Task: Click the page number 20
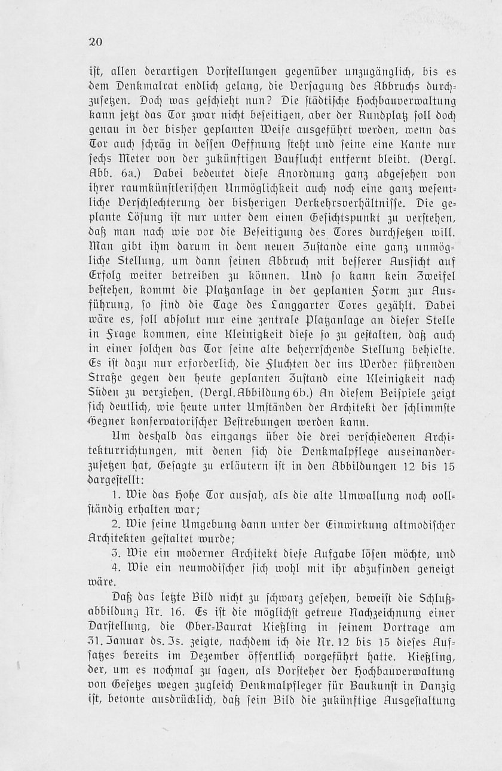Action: click(96, 42)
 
